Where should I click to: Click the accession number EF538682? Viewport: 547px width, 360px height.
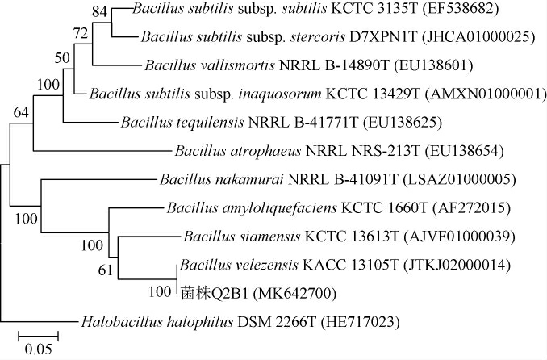click(x=461, y=8)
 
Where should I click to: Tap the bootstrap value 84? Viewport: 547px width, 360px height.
click(x=100, y=12)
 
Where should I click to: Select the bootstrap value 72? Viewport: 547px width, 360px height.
click(x=81, y=34)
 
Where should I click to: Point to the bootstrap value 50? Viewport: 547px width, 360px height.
click(x=62, y=57)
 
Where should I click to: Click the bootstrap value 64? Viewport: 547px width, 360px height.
click(x=21, y=112)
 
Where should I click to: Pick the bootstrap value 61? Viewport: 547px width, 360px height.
click(x=106, y=270)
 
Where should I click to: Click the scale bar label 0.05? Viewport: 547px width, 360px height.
click(x=39, y=349)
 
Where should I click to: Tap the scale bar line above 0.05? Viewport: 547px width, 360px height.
click(x=39, y=337)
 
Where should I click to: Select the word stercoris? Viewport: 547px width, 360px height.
click(x=317, y=37)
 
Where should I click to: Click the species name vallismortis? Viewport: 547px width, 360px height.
click(x=240, y=65)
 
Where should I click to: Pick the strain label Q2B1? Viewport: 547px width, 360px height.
click(x=230, y=294)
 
